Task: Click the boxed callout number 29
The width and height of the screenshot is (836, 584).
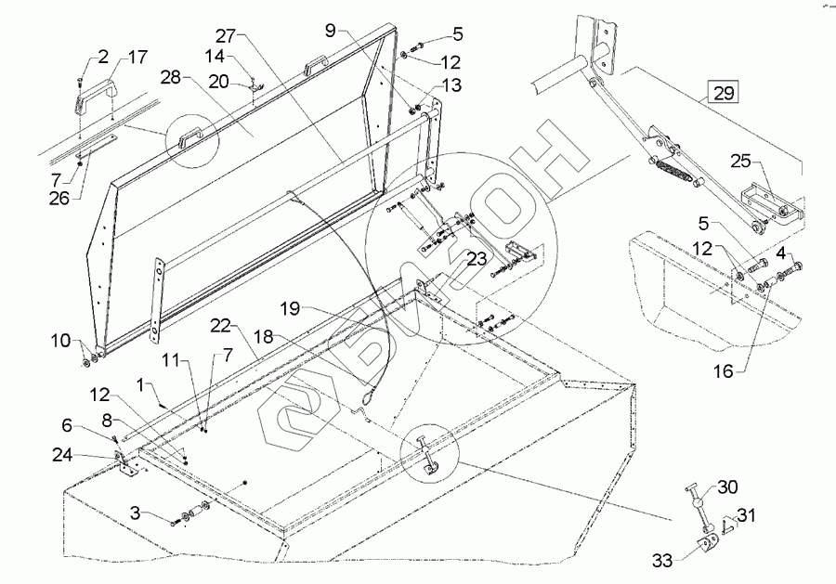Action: click(725, 92)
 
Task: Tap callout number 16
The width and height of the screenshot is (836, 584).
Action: click(724, 370)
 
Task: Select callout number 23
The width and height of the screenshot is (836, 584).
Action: click(477, 259)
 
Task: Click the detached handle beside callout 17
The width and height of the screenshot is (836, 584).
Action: click(95, 94)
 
